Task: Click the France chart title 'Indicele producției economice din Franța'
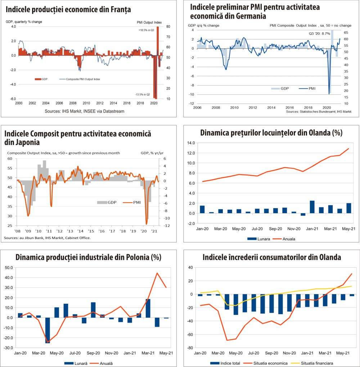pos(68,10)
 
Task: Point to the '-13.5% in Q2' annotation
pos(143,94)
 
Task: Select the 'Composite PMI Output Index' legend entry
pos(83,79)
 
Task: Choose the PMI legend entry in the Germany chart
pos(310,88)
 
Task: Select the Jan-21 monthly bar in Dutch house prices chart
pos(312,207)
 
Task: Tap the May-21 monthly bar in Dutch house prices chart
pos(349,208)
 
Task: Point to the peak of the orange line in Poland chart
pos(157,273)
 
